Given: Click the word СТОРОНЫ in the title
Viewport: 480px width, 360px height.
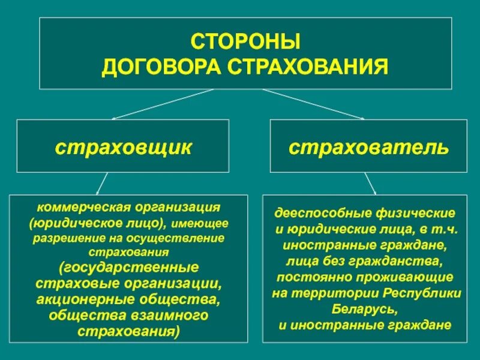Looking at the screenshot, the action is pos(245,43).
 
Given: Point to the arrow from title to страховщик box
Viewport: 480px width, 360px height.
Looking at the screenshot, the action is pos(162,104).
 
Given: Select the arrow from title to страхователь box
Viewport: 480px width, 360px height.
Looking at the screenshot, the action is pos(313,104).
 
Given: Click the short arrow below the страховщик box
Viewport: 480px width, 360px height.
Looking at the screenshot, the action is pos(102,183).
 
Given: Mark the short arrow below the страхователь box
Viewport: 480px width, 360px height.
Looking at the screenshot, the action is pos(370,183).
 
